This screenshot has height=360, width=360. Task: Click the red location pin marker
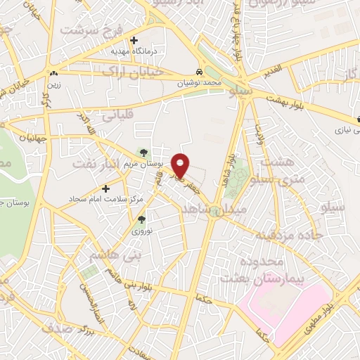pos(181,165)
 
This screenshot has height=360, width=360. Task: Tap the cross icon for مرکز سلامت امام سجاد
pos(105,188)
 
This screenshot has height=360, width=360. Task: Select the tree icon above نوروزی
pos(141,219)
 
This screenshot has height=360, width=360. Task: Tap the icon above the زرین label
pos(54,72)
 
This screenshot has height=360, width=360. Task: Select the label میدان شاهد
pos(212,210)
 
